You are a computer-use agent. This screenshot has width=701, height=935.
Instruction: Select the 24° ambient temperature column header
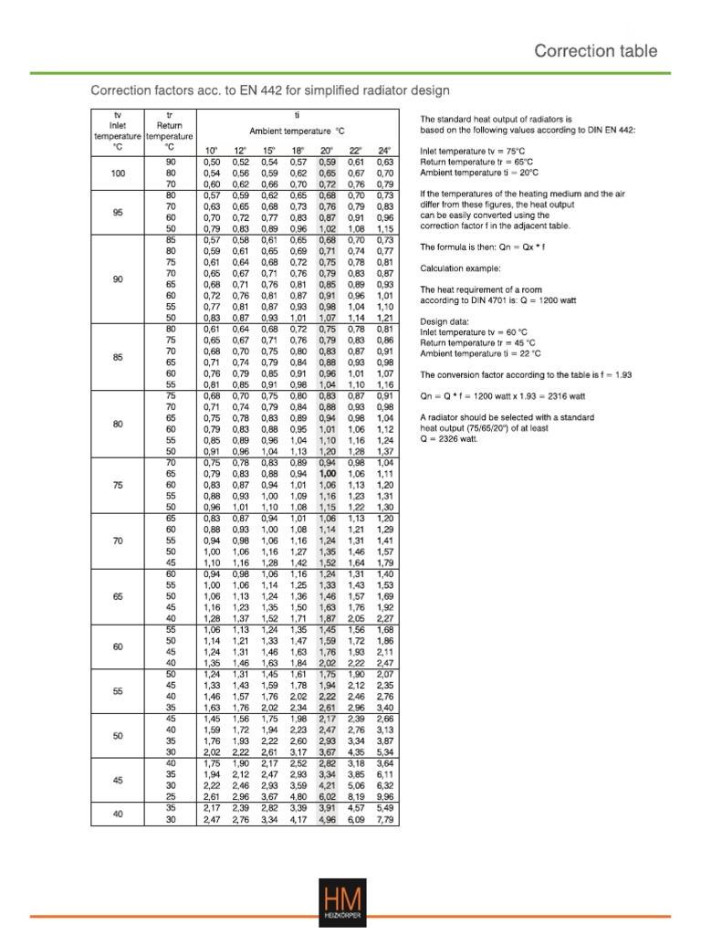point(384,150)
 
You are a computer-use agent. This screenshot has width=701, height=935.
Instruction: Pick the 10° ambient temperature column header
point(211,150)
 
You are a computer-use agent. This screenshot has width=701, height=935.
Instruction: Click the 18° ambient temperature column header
point(298,150)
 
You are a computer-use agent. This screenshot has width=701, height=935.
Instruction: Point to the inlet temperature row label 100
point(117,173)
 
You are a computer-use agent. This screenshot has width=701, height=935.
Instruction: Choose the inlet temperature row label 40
point(117,814)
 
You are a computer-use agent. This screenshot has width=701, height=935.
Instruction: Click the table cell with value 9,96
point(384,795)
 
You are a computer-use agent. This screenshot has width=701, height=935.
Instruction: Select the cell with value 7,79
point(384,820)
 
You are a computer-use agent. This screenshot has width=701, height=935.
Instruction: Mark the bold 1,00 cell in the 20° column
point(328,475)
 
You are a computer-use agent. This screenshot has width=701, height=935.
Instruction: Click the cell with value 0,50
point(211,162)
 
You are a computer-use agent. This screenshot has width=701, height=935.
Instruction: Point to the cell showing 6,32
point(384,783)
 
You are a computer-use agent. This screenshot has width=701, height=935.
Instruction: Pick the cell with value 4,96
point(328,820)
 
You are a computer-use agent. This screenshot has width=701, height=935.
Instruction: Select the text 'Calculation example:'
point(460,268)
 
